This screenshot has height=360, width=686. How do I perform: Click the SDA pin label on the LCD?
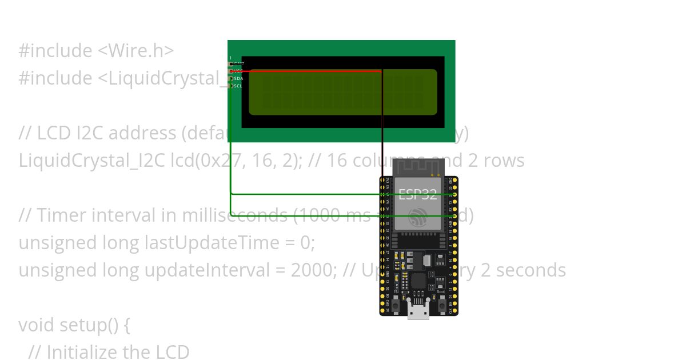tap(238, 78)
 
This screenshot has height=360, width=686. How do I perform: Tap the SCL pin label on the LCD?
tap(238, 86)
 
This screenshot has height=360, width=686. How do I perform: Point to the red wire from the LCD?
tap(309, 71)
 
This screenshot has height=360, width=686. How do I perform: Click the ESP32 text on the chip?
tap(418, 194)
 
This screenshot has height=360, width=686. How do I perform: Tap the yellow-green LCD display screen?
tap(343, 92)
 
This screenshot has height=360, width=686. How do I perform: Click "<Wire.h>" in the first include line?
tap(135, 51)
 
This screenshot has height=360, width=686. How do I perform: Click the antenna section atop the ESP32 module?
tap(418, 167)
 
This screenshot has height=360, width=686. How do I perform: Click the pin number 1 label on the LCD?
tap(230, 58)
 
